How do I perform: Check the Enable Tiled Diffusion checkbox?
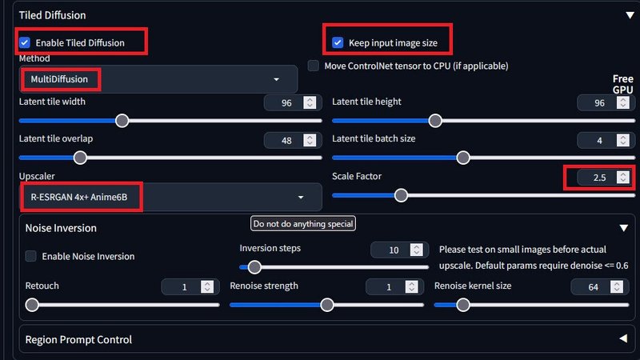[25, 42]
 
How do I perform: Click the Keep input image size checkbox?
[338, 42]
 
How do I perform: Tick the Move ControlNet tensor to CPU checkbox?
[313, 66]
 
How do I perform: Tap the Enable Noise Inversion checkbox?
[30, 256]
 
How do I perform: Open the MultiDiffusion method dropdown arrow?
[276, 79]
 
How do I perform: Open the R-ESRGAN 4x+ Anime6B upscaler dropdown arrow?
[301, 197]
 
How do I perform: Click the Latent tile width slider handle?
[122, 121]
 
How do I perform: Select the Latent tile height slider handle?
[435, 121]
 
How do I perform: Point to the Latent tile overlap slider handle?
[81, 158]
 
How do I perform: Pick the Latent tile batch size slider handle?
[463, 158]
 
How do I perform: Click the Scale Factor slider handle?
[402, 195]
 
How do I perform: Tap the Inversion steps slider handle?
[254, 267]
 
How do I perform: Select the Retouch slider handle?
[32, 305]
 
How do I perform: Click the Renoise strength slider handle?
[327, 305]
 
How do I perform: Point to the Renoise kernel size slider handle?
[463, 305]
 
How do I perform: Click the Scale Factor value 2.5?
[599, 178]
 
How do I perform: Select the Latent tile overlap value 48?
[286, 141]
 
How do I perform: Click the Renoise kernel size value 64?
[593, 287]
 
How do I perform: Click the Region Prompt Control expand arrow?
[623, 338]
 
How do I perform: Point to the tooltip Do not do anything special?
[303, 224]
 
